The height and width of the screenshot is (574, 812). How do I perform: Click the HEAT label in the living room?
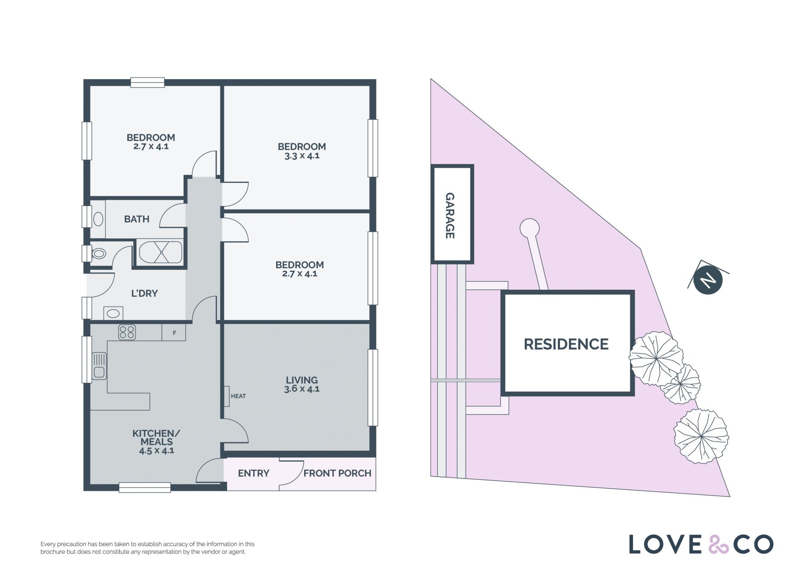pyautogui.click(x=238, y=396)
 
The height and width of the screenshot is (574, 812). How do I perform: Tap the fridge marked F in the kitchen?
pyautogui.click(x=174, y=332)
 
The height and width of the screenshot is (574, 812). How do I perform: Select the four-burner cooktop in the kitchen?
pyautogui.click(x=127, y=332)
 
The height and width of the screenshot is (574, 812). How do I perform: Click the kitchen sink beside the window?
pyautogui.click(x=99, y=366)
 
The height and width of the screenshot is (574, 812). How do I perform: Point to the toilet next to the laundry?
pyautogui.click(x=98, y=253)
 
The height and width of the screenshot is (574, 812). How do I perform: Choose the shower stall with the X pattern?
pyautogui.click(x=161, y=252)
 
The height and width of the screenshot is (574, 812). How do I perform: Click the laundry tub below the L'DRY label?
pyautogui.click(x=113, y=313)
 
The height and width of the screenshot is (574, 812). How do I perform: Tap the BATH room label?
pyautogui.click(x=137, y=219)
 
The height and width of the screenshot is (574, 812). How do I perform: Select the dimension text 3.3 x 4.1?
pyautogui.click(x=302, y=156)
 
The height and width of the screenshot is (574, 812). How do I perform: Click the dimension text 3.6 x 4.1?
pyautogui.click(x=302, y=389)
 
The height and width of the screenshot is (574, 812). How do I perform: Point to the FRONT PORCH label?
pyautogui.click(x=337, y=473)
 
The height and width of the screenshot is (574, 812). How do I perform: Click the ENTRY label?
pyautogui.click(x=253, y=473)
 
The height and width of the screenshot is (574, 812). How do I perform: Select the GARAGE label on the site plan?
pyautogui.click(x=450, y=216)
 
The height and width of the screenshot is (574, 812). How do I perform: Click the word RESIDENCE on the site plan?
pyautogui.click(x=566, y=344)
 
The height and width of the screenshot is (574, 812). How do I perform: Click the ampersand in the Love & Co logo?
pyautogui.click(x=719, y=544)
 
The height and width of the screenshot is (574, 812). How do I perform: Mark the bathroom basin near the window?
pyautogui.click(x=98, y=219)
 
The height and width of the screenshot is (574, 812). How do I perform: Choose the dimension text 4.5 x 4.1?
pyautogui.click(x=156, y=451)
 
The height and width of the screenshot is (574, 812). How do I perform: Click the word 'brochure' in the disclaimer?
pyautogui.click(x=52, y=552)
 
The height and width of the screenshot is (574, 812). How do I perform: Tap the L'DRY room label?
pyautogui.click(x=144, y=294)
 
